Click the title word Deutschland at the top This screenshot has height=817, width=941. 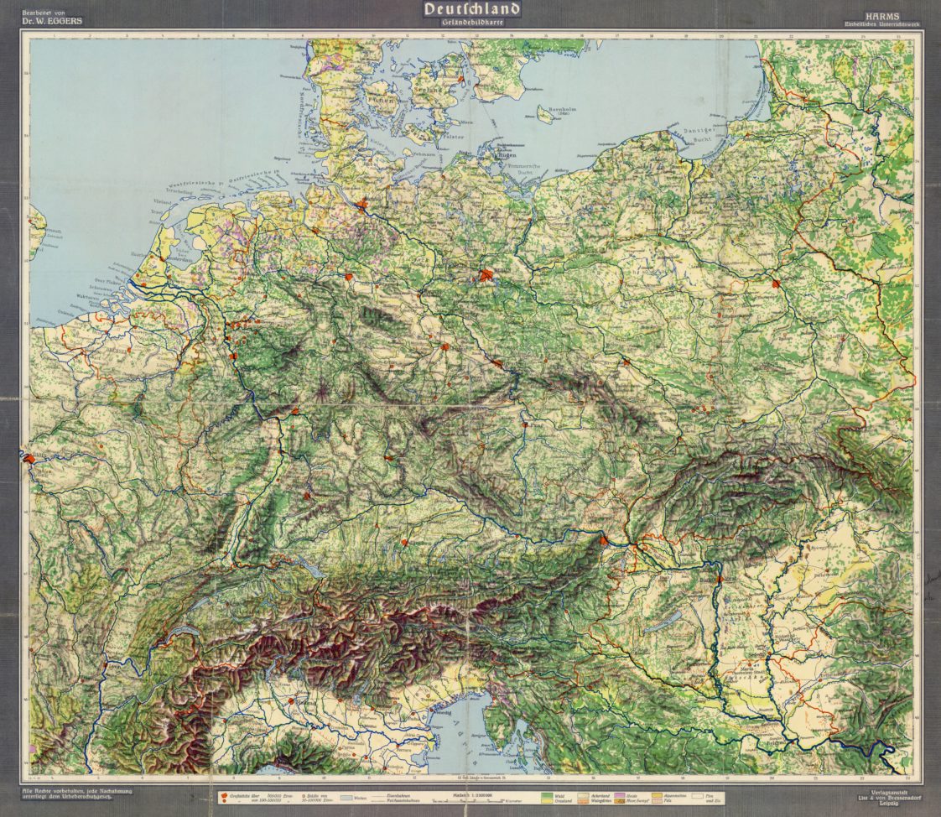(472, 9)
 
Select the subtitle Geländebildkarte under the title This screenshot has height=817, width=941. (472, 23)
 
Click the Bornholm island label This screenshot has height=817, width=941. (554, 110)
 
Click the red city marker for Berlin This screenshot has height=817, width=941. (486, 275)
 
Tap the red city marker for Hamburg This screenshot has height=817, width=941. (361, 204)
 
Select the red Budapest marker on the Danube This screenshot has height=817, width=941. (719, 578)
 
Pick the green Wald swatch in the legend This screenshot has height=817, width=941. (549, 794)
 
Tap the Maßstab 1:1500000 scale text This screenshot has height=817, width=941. (472, 792)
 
